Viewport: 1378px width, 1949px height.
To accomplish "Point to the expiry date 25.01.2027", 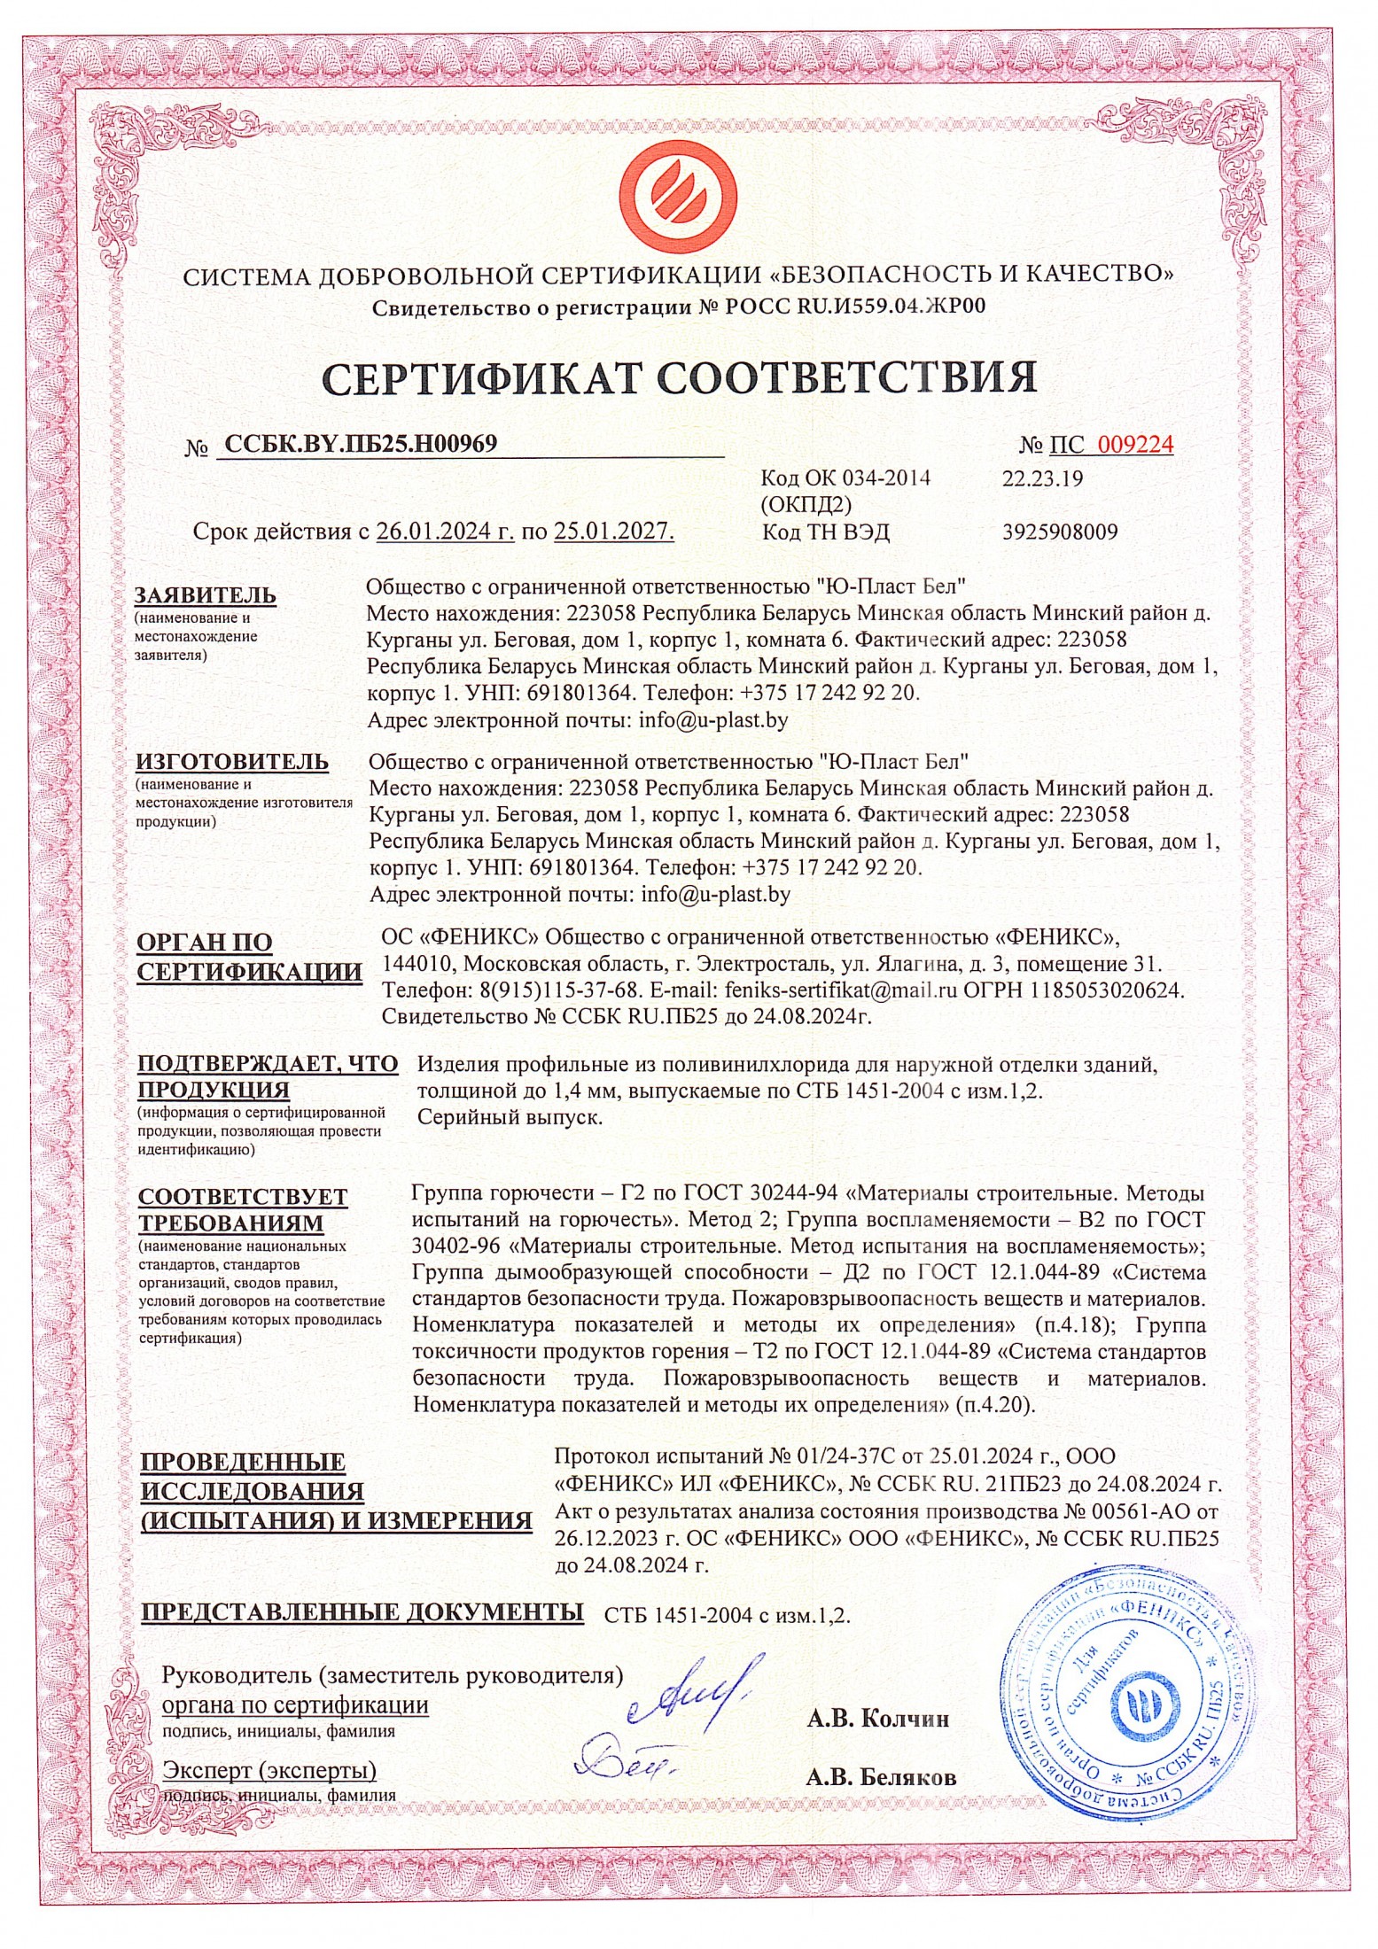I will pos(613,532).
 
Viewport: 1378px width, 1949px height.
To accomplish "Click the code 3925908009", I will pos(1060,532).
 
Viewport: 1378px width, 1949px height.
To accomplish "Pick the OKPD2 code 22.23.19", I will pos(1042,479).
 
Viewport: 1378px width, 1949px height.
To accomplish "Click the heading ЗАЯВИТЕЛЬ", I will pos(206,595).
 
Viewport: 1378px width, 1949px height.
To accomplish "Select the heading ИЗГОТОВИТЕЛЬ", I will pos(231,762).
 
